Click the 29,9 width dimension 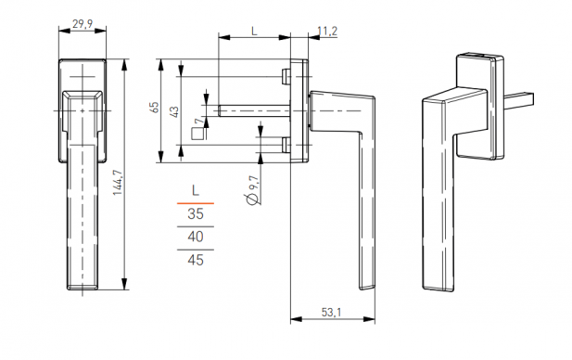(x=83, y=24)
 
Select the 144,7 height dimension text (x=118, y=183)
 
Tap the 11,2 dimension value (x=327, y=32)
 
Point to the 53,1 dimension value (x=331, y=312)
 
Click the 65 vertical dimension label (x=155, y=108)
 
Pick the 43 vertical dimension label (x=175, y=111)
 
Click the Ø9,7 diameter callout (x=253, y=190)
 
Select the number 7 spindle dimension (x=198, y=121)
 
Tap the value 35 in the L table (x=196, y=213)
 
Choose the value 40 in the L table (x=196, y=237)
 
